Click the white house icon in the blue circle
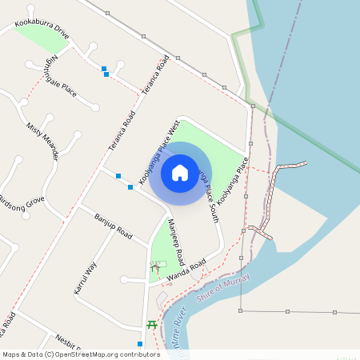(180, 172)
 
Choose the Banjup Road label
(113, 227)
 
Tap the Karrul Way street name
(85, 278)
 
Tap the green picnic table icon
(151, 324)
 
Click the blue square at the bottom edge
(140, 344)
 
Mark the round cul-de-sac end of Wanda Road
(124, 280)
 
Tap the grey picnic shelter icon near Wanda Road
(156, 266)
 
